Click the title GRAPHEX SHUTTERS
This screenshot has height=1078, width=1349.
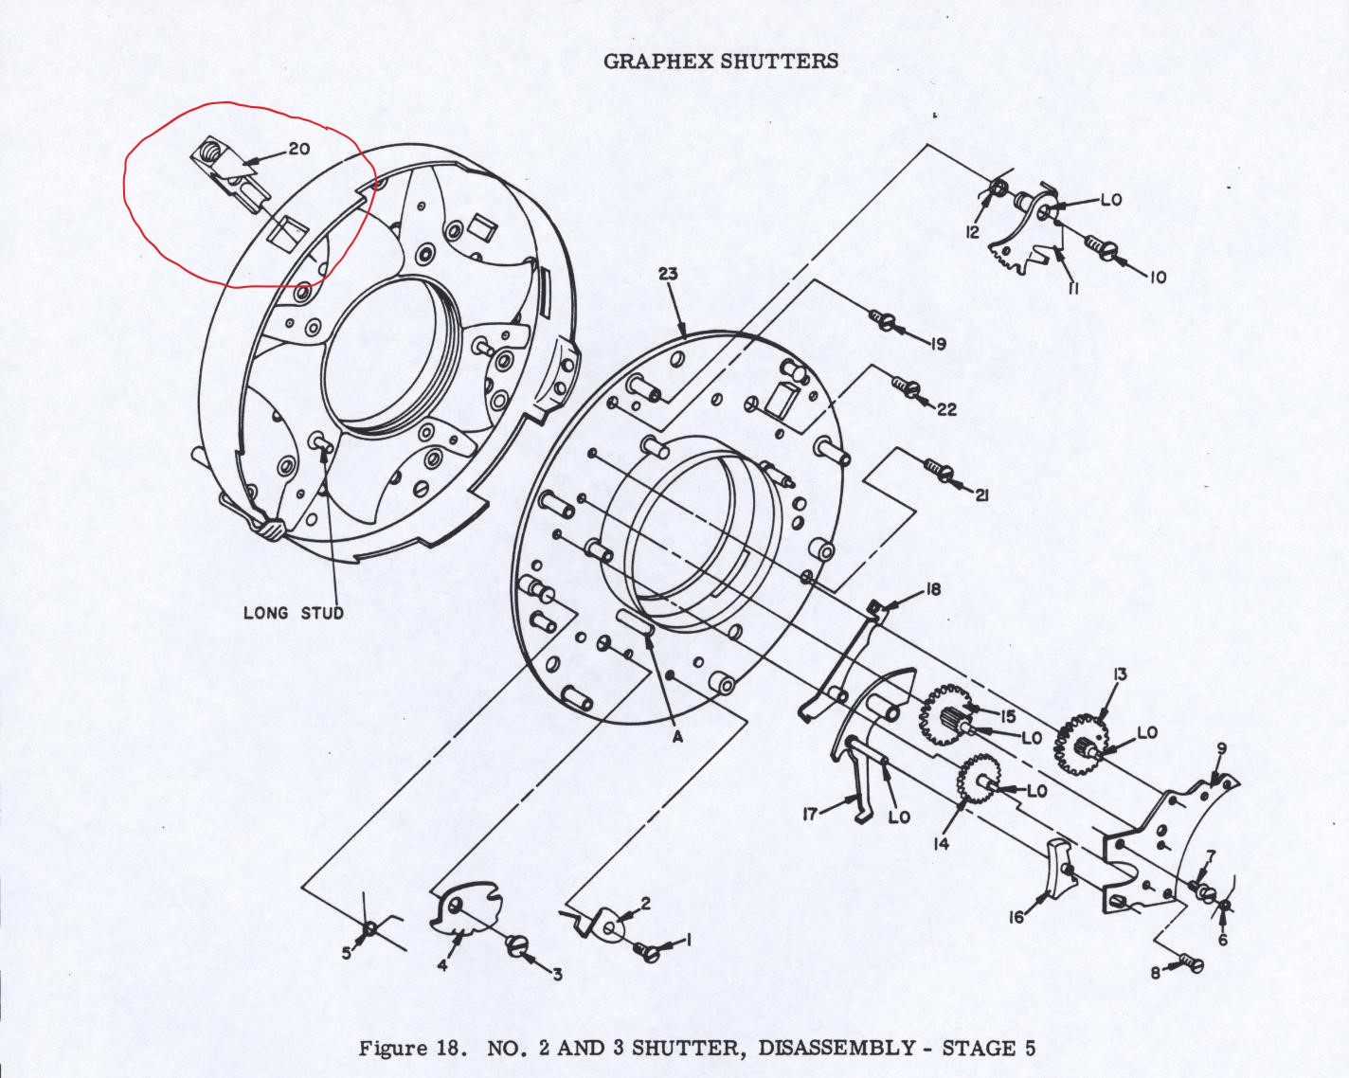point(720,62)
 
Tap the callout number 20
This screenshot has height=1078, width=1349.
point(299,149)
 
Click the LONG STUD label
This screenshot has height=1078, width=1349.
point(294,612)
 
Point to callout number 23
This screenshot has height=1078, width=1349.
point(668,274)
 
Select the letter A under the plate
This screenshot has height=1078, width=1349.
point(677,737)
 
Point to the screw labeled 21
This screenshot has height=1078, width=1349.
point(937,467)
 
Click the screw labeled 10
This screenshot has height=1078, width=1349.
point(1100,245)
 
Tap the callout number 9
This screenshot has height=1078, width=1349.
point(1221,749)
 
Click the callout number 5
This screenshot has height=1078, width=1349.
point(347,953)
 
